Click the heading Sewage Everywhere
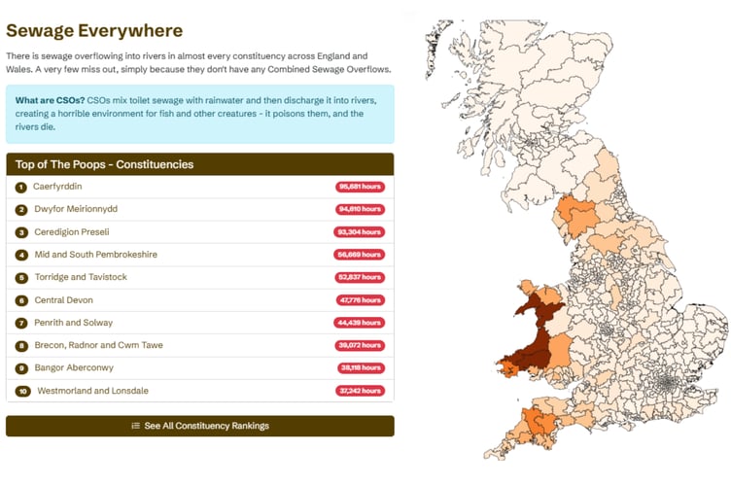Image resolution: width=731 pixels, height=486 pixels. (94, 30)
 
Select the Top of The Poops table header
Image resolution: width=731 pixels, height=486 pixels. (104, 164)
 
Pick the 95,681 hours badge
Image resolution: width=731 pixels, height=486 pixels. (361, 187)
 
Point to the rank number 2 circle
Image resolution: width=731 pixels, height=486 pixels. (21, 209)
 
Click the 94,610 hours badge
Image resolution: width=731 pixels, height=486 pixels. (361, 209)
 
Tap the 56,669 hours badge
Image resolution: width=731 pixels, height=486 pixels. (361, 255)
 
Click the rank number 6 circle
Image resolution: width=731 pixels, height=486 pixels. (21, 300)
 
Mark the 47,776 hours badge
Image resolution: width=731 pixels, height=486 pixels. (361, 300)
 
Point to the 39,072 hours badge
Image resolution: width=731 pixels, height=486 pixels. (361, 345)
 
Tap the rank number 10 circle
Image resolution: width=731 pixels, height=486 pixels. (22, 391)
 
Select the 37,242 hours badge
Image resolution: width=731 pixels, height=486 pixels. (361, 391)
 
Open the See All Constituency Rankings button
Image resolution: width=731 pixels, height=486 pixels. (199, 426)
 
